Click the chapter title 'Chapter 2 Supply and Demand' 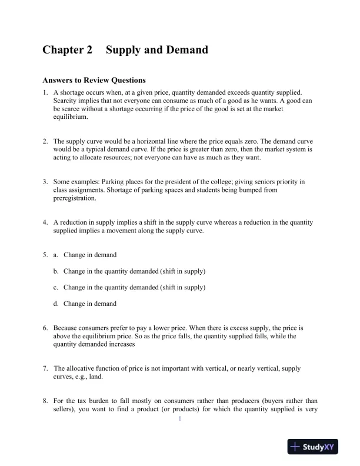[125, 50]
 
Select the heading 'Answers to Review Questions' [94, 80]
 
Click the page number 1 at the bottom [180, 419]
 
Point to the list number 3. [45, 182]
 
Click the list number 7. [45, 368]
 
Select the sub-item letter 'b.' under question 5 [56, 271]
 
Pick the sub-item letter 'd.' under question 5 [56, 304]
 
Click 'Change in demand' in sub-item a [90, 255]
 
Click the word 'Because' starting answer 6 [66, 328]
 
